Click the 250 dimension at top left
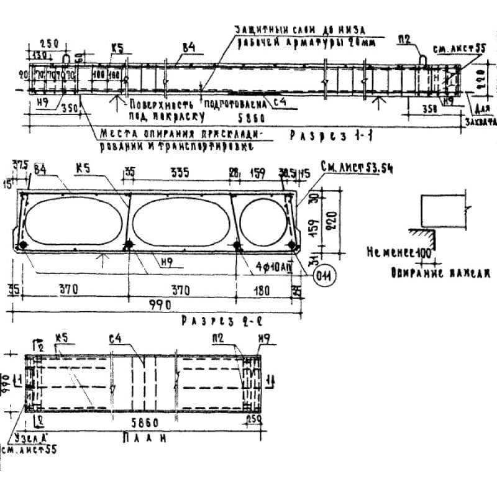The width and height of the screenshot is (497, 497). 50,43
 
